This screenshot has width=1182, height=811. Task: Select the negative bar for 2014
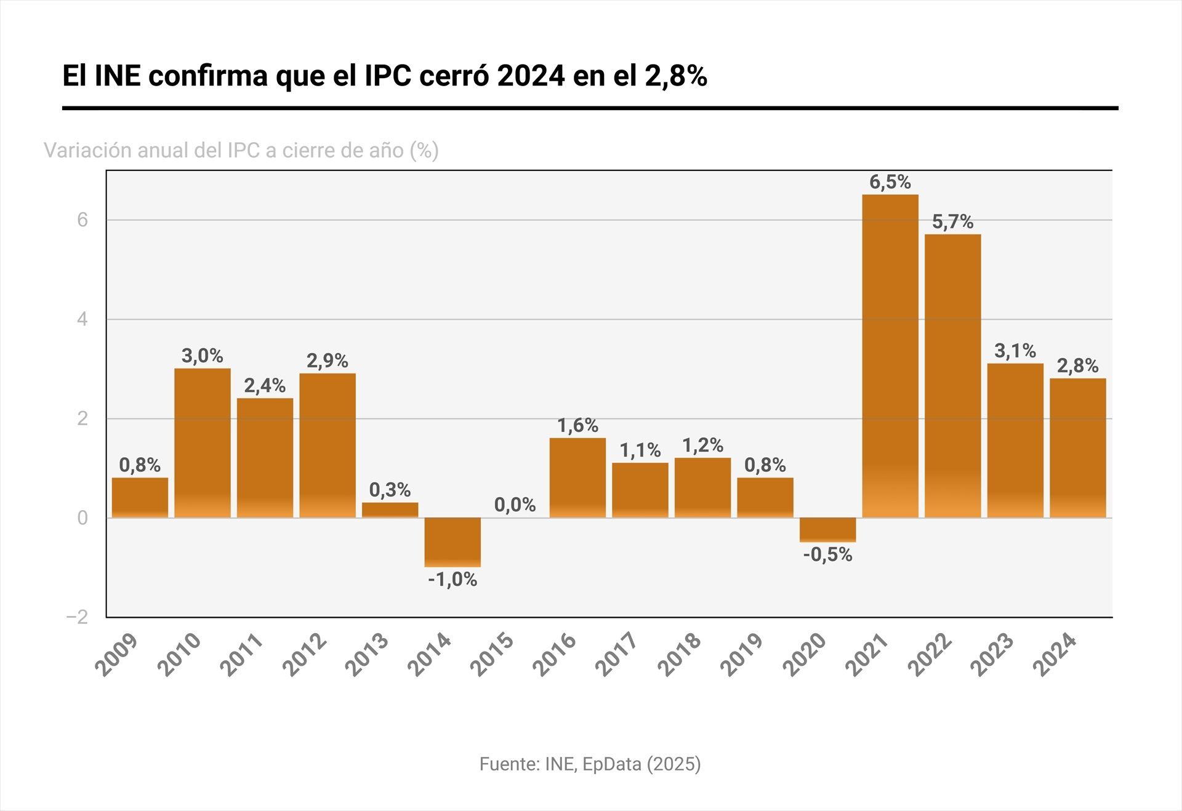point(452,542)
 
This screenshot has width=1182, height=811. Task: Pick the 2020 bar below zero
point(827,530)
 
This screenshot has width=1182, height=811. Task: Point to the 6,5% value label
point(890,182)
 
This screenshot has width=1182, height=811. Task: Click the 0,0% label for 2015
point(515,505)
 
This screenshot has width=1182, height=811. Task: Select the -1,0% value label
point(452,580)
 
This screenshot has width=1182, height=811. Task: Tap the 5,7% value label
point(952,222)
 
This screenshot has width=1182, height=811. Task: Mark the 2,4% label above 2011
point(265,386)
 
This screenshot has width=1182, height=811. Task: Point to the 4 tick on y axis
point(82,319)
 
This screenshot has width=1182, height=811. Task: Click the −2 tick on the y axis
point(78,617)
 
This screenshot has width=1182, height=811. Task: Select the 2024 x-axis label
point(1055,655)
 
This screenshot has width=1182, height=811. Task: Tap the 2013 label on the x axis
point(367,655)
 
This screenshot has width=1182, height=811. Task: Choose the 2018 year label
point(680,655)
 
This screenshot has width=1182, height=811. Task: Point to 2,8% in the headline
point(675,76)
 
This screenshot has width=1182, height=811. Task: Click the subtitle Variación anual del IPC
point(241,150)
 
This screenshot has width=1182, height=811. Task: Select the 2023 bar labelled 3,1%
point(1015,440)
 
